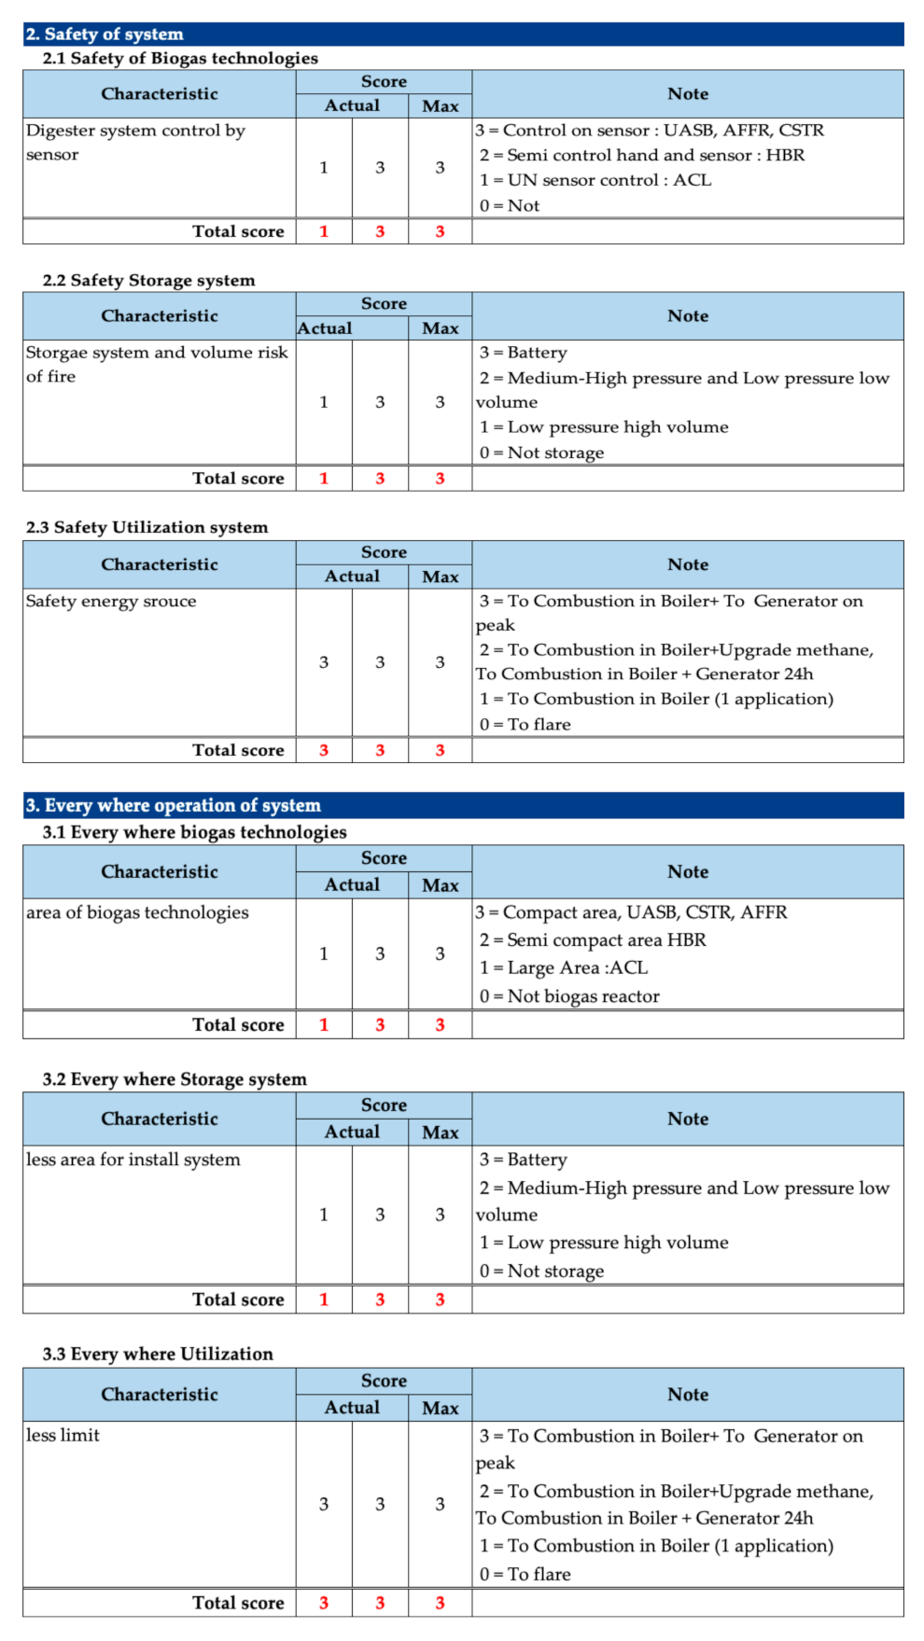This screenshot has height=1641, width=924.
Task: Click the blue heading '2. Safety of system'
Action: [105, 35]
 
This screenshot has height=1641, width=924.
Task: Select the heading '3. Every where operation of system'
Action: [173, 805]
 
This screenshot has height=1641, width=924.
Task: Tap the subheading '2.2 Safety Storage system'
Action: [148, 280]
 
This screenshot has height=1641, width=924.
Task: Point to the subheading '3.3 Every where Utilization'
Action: [158, 1354]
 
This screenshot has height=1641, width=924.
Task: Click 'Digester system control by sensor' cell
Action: [135, 143]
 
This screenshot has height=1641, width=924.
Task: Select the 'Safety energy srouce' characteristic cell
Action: [111, 601]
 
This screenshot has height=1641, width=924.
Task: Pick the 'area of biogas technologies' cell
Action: [137, 912]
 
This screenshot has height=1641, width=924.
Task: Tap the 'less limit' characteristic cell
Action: [63, 1435]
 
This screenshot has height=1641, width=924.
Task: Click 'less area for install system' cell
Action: [133, 1160]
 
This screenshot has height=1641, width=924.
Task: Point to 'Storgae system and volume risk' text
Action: [156, 353]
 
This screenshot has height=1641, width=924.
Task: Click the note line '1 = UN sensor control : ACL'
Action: [595, 180]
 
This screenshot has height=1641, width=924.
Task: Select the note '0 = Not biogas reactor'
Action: [569, 996]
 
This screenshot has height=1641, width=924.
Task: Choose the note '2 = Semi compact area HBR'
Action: [593, 940]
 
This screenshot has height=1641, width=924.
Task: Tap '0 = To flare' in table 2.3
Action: [525, 724]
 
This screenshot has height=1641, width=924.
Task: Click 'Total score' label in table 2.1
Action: [238, 231]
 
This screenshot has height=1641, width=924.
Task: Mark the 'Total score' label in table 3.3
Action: [238, 1603]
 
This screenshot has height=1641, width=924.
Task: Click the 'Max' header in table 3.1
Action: [440, 885]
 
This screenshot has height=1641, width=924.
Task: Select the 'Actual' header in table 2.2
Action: [325, 328]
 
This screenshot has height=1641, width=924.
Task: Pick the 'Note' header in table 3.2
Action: [687, 1119]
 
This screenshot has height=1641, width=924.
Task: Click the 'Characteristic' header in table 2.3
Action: [160, 564]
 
